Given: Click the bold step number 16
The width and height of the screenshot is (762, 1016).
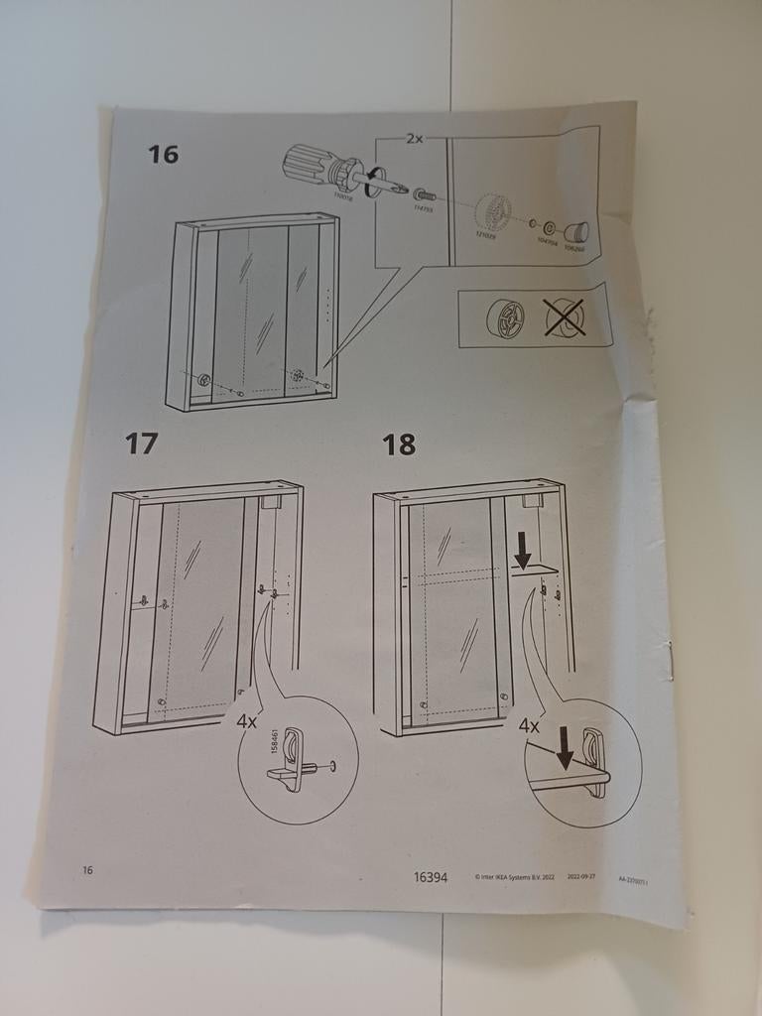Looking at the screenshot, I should tap(164, 155).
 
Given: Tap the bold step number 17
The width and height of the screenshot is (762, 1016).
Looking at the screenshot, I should tap(141, 444).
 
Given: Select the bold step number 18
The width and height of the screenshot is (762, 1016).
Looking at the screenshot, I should tap(399, 445).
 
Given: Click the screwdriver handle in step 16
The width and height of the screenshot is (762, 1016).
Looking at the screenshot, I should tap(311, 165).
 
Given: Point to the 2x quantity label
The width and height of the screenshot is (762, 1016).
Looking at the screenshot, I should tap(414, 139).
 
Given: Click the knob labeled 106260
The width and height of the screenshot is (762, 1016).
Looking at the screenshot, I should tap(575, 233).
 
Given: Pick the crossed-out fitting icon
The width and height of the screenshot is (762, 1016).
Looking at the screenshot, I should tap(565, 317).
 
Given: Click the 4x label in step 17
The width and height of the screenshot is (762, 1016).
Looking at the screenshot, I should tap(247, 721).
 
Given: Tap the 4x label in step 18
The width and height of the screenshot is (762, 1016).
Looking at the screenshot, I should tap(530, 726).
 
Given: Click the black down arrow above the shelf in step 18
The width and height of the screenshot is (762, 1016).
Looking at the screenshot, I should tap(523, 548).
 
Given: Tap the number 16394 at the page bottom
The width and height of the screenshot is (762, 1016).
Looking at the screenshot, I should tap(431, 876).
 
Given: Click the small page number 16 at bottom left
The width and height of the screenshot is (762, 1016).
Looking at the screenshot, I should tap(88, 870).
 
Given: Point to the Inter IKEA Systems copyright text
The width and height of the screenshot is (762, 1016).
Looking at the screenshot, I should tap(514, 877).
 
